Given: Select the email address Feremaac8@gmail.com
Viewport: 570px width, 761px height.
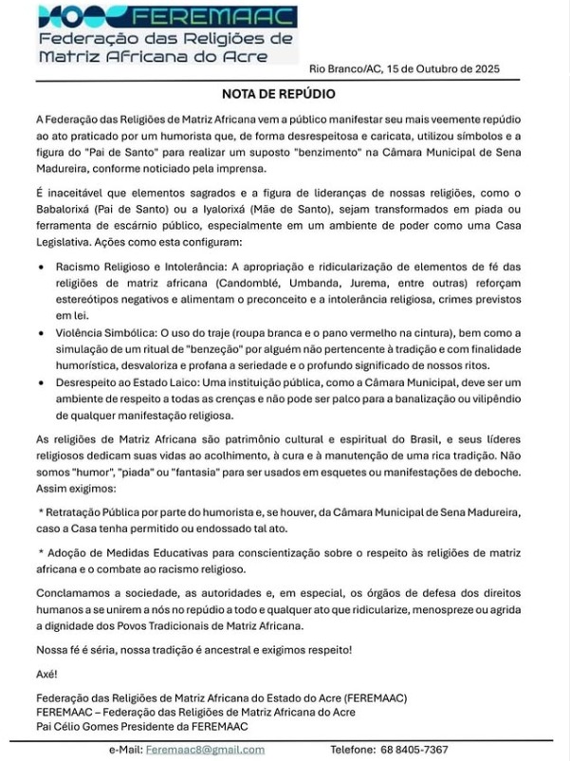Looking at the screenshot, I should (205, 750).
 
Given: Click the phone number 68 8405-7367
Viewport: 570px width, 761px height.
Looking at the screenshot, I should (415, 750).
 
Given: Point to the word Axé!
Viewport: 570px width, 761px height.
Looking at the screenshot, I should (46, 673).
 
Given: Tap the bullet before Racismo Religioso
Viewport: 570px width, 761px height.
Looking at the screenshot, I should (41, 269).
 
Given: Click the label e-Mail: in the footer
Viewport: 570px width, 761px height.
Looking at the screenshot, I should (125, 750).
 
